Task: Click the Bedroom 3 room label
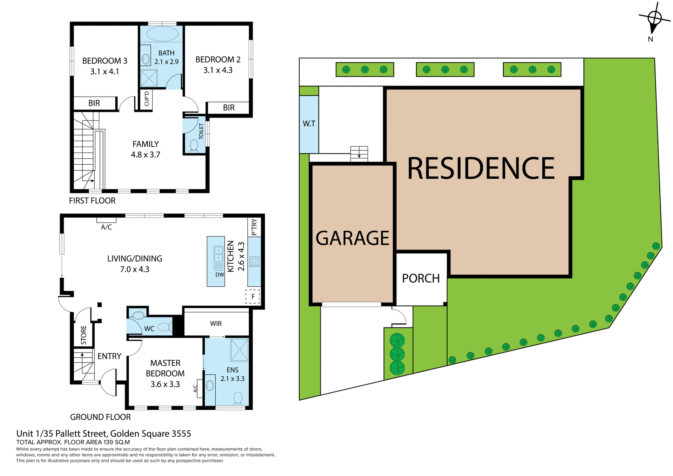(x=104, y=61)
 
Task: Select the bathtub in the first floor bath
(x=162, y=34)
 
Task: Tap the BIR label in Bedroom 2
(x=229, y=108)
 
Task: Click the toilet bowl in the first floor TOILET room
(x=194, y=145)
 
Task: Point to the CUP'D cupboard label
(x=147, y=99)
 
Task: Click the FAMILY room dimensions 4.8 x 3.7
(x=145, y=155)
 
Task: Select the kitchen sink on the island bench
(x=218, y=253)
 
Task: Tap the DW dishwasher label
(x=220, y=275)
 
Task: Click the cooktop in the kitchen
(x=254, y=261)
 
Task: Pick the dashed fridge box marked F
(x=252, y=297)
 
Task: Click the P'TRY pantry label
(x=254, y=227)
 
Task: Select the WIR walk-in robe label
(x=216, y=324)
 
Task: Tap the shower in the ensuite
(x=239, y=350)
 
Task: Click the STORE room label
(x=83, y=335)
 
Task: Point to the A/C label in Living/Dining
(x=107, y=227)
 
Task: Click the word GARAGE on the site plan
(x=352, y=238)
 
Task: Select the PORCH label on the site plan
(x=421, y=278)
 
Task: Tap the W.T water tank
(x=309, y=124)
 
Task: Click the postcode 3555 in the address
(x=181, y=434)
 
